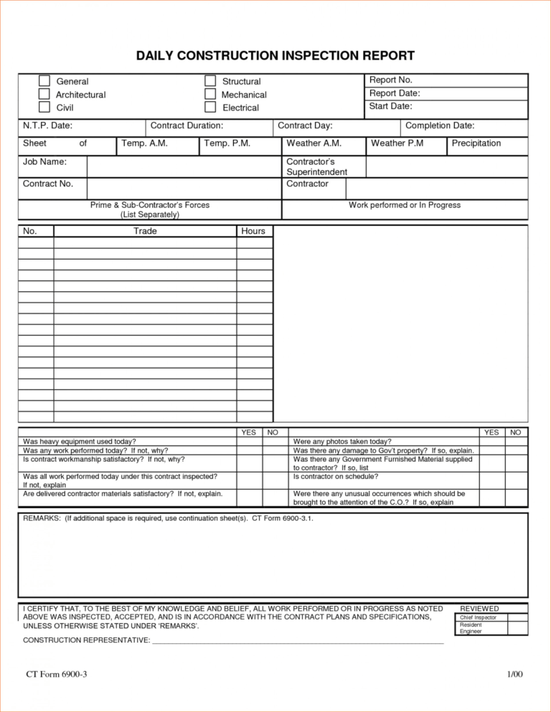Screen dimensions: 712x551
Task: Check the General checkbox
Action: pos(44,81)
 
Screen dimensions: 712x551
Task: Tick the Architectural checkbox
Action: pos(44,94)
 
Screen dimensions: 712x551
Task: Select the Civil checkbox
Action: pos(44,107)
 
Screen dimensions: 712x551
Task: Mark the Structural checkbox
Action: pos(210,81)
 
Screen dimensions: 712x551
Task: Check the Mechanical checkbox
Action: pos(210,94)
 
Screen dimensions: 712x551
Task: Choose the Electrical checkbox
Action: pos(210,107)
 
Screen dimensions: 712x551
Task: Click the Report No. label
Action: pos(390,80)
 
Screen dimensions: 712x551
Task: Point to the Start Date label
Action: pos(390,106)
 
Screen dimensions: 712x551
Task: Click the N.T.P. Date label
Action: pos(47,125)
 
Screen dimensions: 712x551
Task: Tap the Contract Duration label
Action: pos(187,125)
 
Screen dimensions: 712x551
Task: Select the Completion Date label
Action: pos(440,125)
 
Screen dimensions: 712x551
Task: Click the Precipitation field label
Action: pos(476,143)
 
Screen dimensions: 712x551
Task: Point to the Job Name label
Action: pos(44,162)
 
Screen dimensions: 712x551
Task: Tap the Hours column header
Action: pos(253,231)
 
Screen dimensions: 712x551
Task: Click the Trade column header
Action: pos(145,231)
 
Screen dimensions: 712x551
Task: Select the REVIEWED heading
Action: pos(479,608)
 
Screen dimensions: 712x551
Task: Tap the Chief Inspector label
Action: pos(478,617)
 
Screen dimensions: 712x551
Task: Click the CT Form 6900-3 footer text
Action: pos(57,674)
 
